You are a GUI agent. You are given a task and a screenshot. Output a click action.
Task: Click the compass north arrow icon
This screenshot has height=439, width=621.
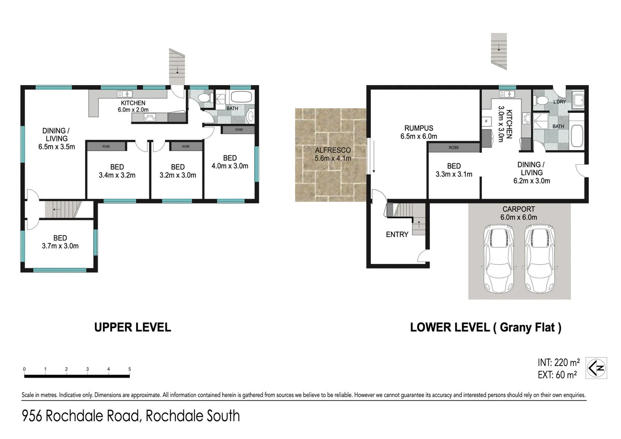click(x=596, y=368)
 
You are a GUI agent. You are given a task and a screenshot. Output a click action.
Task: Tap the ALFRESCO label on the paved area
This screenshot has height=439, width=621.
click(x=333, y=150)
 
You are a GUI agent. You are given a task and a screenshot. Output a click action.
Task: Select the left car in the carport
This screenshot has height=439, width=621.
click(x=498, y=259)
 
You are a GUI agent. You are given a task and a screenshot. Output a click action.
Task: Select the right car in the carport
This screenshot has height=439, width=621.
click(x=540, y=259)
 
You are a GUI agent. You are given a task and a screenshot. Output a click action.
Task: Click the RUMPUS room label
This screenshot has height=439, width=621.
click(x=418, y=128)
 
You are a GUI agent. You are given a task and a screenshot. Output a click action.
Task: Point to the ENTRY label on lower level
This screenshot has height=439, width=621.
click(x=397, y=235)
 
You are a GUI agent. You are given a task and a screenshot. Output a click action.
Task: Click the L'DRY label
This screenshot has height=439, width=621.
click(x=559, y=102)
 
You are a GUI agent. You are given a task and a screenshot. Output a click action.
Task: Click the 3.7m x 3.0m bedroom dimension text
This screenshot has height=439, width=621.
click(x=60, y=246)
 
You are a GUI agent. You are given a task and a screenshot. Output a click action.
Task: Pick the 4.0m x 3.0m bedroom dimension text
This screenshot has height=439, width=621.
click(x=230, y=166)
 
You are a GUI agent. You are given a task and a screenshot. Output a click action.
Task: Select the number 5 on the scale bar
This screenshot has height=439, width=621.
click(x=130, y=369)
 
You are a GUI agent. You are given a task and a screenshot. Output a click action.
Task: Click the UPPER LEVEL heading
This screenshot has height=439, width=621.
click(x=133, y=327)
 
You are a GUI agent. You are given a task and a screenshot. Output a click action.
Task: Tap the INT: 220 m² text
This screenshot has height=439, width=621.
click(x=558, y=362)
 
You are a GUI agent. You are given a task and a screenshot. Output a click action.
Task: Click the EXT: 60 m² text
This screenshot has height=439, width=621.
click(x=557, y=375)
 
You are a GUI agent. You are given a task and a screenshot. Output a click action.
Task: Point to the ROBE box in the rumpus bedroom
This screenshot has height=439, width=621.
click(x=454, y=148)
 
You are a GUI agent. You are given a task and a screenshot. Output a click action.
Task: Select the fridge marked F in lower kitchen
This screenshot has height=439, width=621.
click(x=486, y=122)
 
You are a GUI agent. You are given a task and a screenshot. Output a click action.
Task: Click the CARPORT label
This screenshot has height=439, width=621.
click(x=519, y=209)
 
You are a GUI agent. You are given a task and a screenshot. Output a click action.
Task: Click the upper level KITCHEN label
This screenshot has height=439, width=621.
click(x=133, y=103)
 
